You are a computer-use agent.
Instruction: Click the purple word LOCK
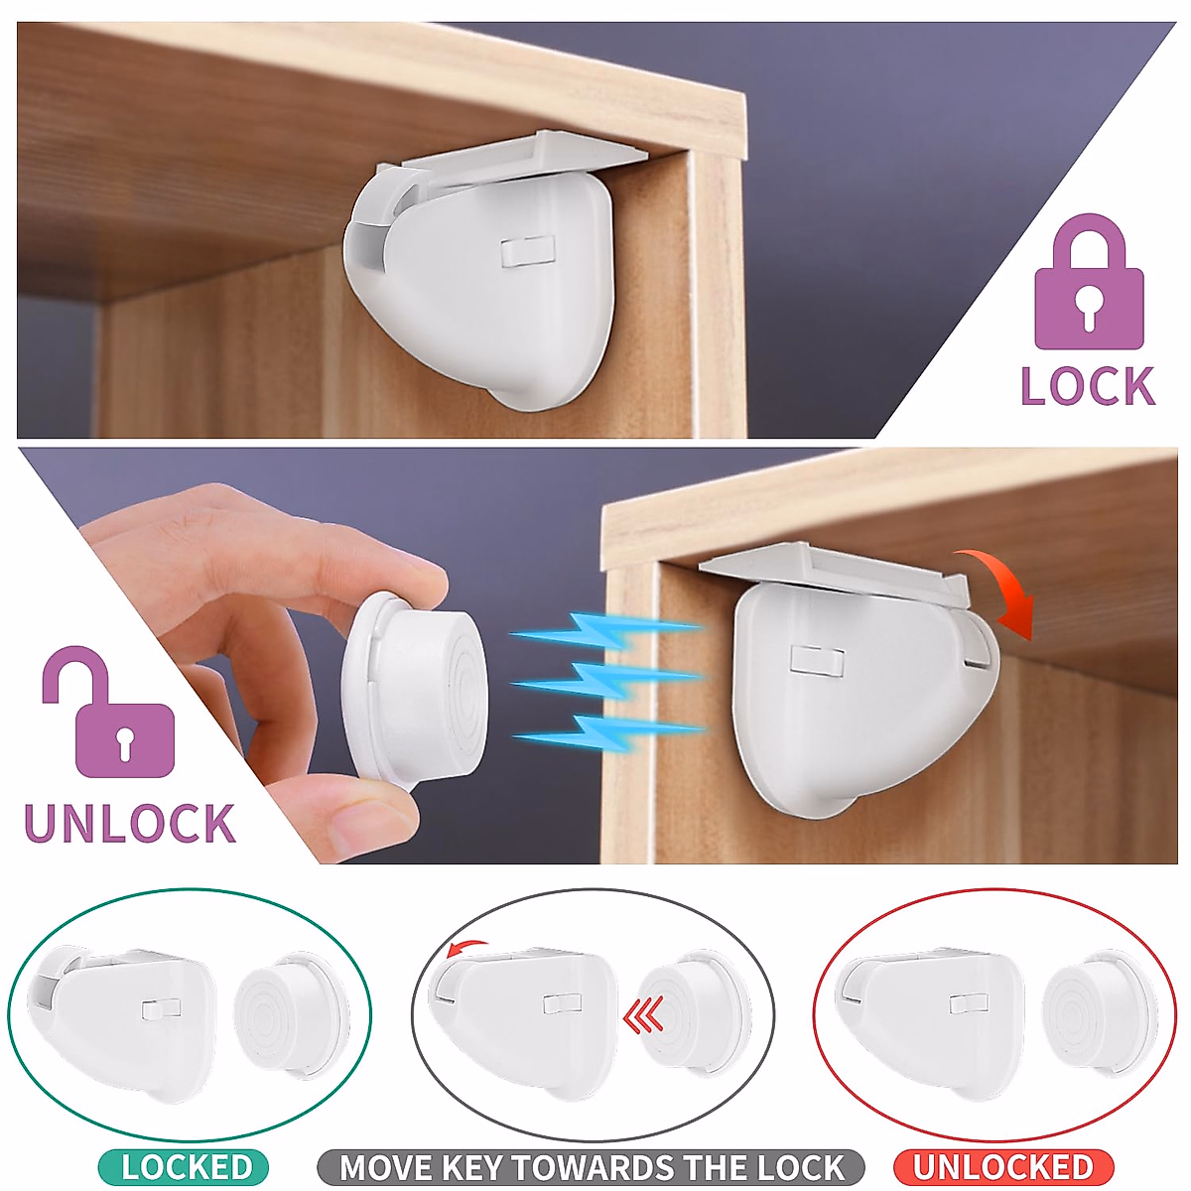click(x=1089, y=386)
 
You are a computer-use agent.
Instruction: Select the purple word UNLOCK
click(x=130, y=825)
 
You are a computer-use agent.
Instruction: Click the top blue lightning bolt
click(x=604, y=630)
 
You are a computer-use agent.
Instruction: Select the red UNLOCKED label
click(x=1003, y=1167)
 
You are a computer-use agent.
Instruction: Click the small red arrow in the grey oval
click(x=466, y=948)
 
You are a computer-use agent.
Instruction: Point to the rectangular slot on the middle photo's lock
click(x=817, y=661)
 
